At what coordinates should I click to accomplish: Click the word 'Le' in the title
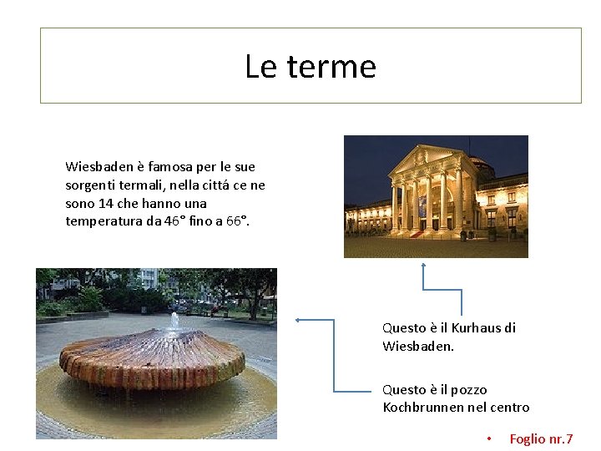tap(259, 66)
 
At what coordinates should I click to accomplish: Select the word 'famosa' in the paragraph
tap(170, 167)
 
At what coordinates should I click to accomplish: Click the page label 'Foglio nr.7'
tap(541, 438)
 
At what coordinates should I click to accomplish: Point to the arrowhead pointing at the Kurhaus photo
tap(423, 265)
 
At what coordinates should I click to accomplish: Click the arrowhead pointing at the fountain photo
tap(298, 319)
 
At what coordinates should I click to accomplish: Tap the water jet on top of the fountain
tap(174, 320)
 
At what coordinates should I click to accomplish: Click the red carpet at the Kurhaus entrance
tap(417, 235)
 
